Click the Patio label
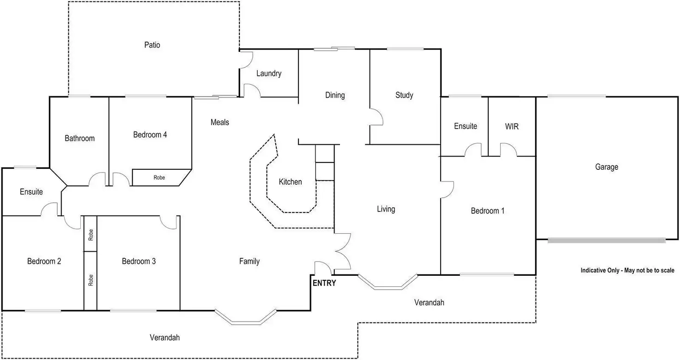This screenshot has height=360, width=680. pyautogui.click(x=152, y=45)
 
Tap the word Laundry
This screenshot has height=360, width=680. pyautogui.click(x=268, y=74)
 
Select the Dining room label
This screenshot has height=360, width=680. pyautogui.click(x=335, y=95)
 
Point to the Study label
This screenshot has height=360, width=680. pyautogui.click(x=404, y=95)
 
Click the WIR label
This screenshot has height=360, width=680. pyautogui.click(x=512, y=126)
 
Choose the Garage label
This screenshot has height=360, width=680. pyautogui.click(x=606, y=167)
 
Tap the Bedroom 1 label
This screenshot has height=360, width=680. pyautogui.click(x=487, y=211)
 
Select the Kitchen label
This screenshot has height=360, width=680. pyautogui.click(x=290, y=182)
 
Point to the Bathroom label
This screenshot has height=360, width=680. pyautogui.click(x=79, y=138)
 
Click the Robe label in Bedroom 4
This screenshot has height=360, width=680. pyautogui.click(x=159, y=178)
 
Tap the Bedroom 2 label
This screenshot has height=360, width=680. pyautogui.click(x=44, y=261)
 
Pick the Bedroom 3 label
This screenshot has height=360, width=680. pyautogui.click(x=139, y=261)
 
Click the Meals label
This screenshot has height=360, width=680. pyautogui.click(x=220, y=123)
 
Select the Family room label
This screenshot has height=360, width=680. pyautogui.click(x=249, y=261)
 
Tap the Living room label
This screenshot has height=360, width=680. pyautogui.click(x=386, y=209)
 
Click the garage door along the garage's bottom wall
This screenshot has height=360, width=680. pyautogui.click(x=607, y=240)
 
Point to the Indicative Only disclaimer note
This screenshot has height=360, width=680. pyautogui.click(x=627, y=270)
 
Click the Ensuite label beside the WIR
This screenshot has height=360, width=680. pyautogui.click(x=465, y=126)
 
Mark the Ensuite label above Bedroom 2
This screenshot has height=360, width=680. pyautogui.click(x=31, y=192)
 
